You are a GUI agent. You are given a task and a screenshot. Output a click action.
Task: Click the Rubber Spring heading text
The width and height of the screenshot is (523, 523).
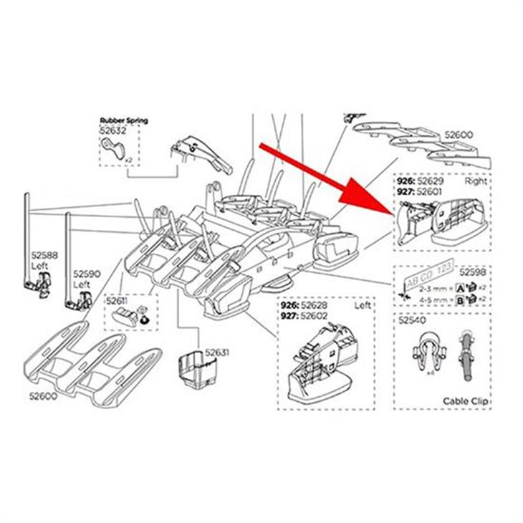[124, 120]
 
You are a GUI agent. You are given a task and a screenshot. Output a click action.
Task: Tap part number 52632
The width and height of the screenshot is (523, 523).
[113, 131]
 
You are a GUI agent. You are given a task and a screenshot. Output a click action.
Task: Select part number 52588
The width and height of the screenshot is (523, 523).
[44, 254]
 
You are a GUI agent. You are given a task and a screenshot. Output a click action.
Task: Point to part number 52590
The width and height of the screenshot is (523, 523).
[86, 274]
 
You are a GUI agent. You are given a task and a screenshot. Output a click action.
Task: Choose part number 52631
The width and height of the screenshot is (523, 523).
[216, 352]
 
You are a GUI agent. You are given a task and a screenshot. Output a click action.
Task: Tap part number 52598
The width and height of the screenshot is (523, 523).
[472, 272]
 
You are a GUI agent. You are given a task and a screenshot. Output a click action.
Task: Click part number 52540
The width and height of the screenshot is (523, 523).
[411, 321]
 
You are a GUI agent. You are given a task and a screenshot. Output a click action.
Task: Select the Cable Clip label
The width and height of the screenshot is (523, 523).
[466, 401]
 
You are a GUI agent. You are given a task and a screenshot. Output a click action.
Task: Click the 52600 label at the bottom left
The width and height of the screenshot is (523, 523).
[44, 395]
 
